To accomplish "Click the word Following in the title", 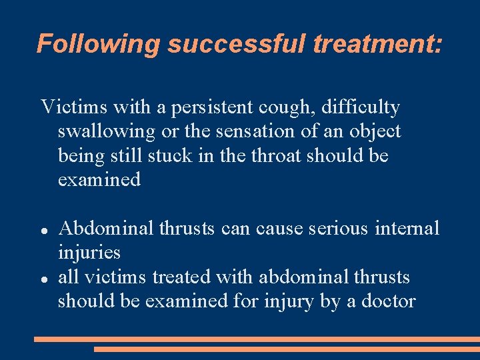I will point(99,43).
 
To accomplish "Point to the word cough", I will point(278,107).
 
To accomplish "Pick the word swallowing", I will point(106,131).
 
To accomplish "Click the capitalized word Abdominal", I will point(107,229).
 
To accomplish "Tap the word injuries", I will point(89,253).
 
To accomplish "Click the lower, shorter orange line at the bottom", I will point(287,349).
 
